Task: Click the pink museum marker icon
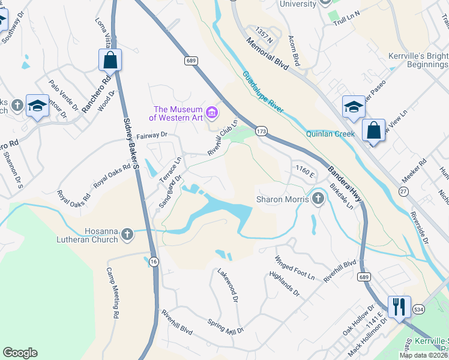(211, 112)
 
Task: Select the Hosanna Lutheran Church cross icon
(127, 234)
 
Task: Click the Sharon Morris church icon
(318, 199)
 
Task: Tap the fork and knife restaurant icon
(398, 307)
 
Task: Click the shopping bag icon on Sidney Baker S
(110, 59)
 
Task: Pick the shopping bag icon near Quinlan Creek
(373, 130)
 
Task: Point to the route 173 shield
(261, 130)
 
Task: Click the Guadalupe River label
(264, 94)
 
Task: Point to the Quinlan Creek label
(330, 134)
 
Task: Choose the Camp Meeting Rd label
(113, 292)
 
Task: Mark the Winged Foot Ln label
(295, 268)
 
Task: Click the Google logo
(20, 353)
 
